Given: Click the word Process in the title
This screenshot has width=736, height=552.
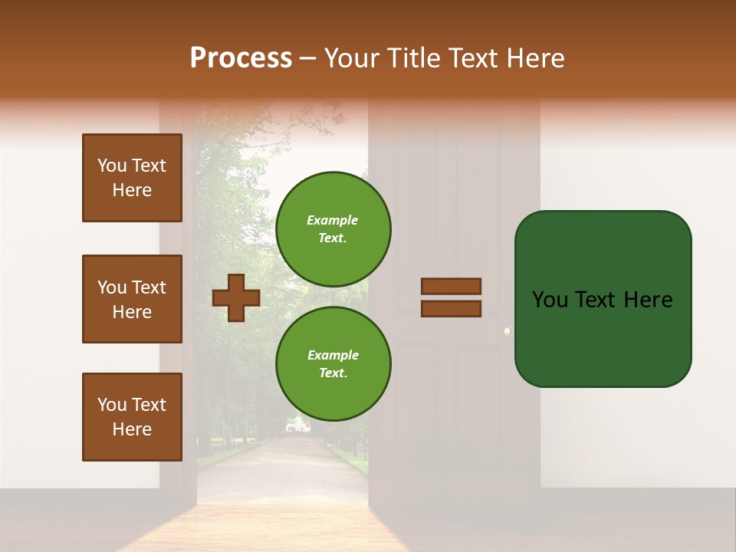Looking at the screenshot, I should click(241, 58).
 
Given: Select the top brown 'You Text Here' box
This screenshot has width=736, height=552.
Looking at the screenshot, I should click(132, 178).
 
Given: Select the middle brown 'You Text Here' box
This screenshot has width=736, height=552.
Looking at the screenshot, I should click(132, 299).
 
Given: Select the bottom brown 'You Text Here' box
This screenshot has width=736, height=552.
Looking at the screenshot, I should click(132, 416).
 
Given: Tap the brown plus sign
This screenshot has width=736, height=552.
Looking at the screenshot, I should click(235, 297).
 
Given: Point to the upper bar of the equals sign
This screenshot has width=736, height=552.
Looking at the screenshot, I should click(451, 287).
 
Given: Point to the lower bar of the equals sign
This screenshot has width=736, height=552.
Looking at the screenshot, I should click(451, 308).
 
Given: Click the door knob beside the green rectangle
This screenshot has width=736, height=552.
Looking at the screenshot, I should click(507, 331).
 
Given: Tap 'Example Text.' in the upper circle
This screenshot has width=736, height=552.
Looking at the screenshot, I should click(333, 229).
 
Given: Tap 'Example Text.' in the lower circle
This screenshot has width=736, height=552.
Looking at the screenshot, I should click(333, 364).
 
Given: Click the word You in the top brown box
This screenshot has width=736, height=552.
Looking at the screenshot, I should click(111, 166).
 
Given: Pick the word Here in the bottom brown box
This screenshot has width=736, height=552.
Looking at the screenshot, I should click(132, 429).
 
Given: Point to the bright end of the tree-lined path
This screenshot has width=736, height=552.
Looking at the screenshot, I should click(294, 425).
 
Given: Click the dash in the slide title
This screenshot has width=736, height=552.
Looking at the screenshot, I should click(307, 59).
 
